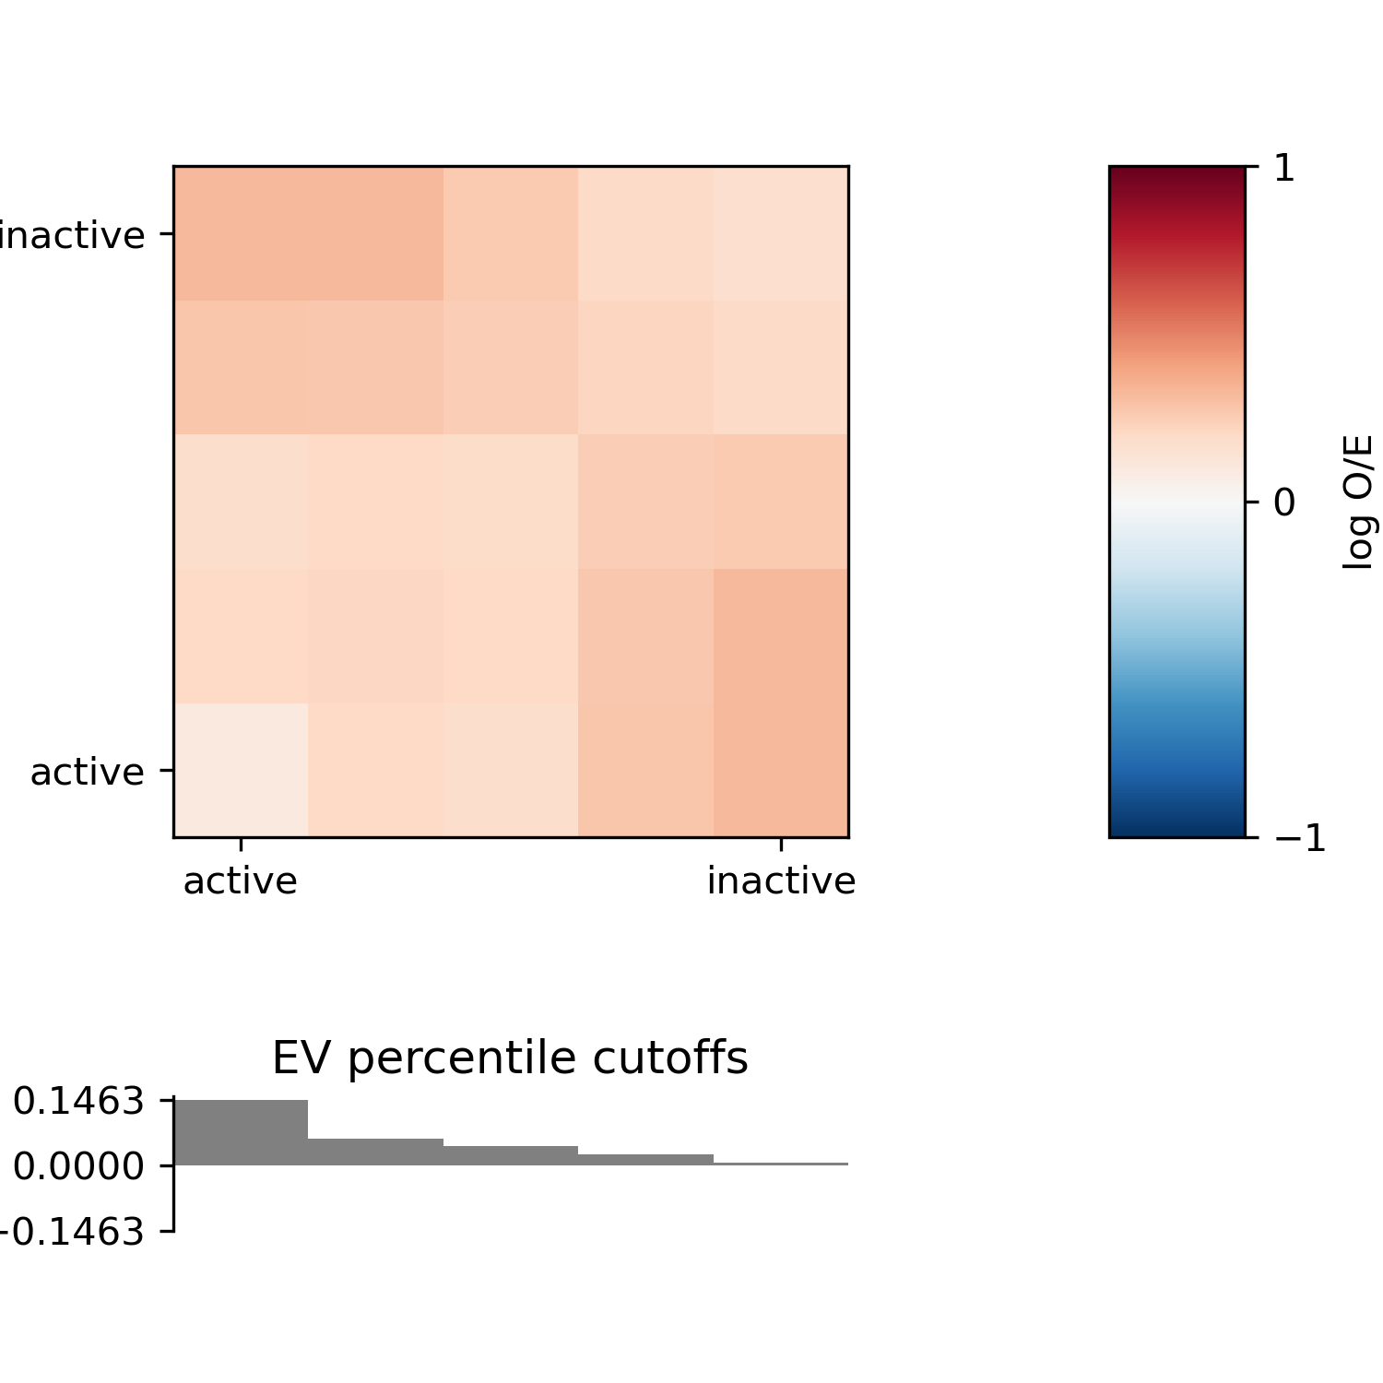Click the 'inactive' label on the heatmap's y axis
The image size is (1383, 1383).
(72, 236)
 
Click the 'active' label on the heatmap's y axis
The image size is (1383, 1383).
(87, 772)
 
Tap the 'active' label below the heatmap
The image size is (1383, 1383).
(240, 881)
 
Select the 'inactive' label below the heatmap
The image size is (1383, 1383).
(781, 881)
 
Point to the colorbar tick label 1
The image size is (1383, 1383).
(1284, 169)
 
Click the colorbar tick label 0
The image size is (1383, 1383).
(1284, 503)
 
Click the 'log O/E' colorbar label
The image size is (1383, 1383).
(1358, 502)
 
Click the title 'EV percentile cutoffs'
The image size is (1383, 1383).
(510, 1058)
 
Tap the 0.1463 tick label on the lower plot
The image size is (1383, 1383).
(78, 1101)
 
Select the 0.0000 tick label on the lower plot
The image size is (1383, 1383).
(78, 1166)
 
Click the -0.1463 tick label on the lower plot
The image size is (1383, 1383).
(74, 1232)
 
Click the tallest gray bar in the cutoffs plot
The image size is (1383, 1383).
(240, 1132)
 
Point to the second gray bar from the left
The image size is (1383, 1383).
(375, 1152)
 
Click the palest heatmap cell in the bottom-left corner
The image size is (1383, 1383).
(241, 770)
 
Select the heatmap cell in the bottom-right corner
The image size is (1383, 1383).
(781, 770)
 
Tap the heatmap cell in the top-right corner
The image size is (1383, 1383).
(781, 233)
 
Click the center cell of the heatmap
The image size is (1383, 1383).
(511, 502)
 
